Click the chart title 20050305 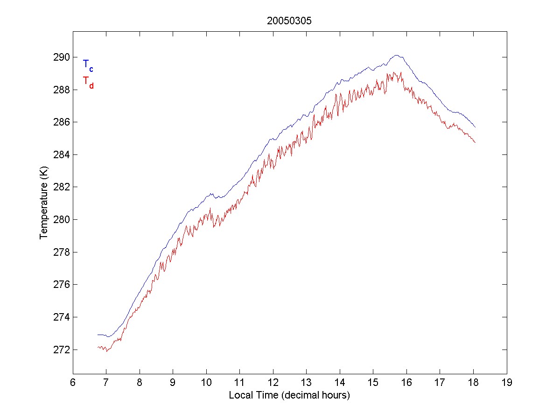click(x=289, y=21)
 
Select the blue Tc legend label click(x=88, y=65)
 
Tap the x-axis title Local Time click(x=289, y=395)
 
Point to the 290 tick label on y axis click(x=62, y=57)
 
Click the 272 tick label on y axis click(x=62, y=350)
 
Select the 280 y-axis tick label click(x=62, y=219)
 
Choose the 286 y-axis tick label click(x=62, y=122)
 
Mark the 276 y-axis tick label click(x=62, y=285)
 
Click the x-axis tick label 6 click(x=73, y=382)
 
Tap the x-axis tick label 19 click(x=507, y=382)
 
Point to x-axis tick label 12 click(x=273, y=382)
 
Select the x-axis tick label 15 click(x=373, y=382)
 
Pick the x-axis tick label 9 click(x=173, y=382)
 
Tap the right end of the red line click(x=475, y=142)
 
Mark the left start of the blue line click(x=98, y=335)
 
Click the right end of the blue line click(x=475, y=127)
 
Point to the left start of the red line click(x=98, y=347)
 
